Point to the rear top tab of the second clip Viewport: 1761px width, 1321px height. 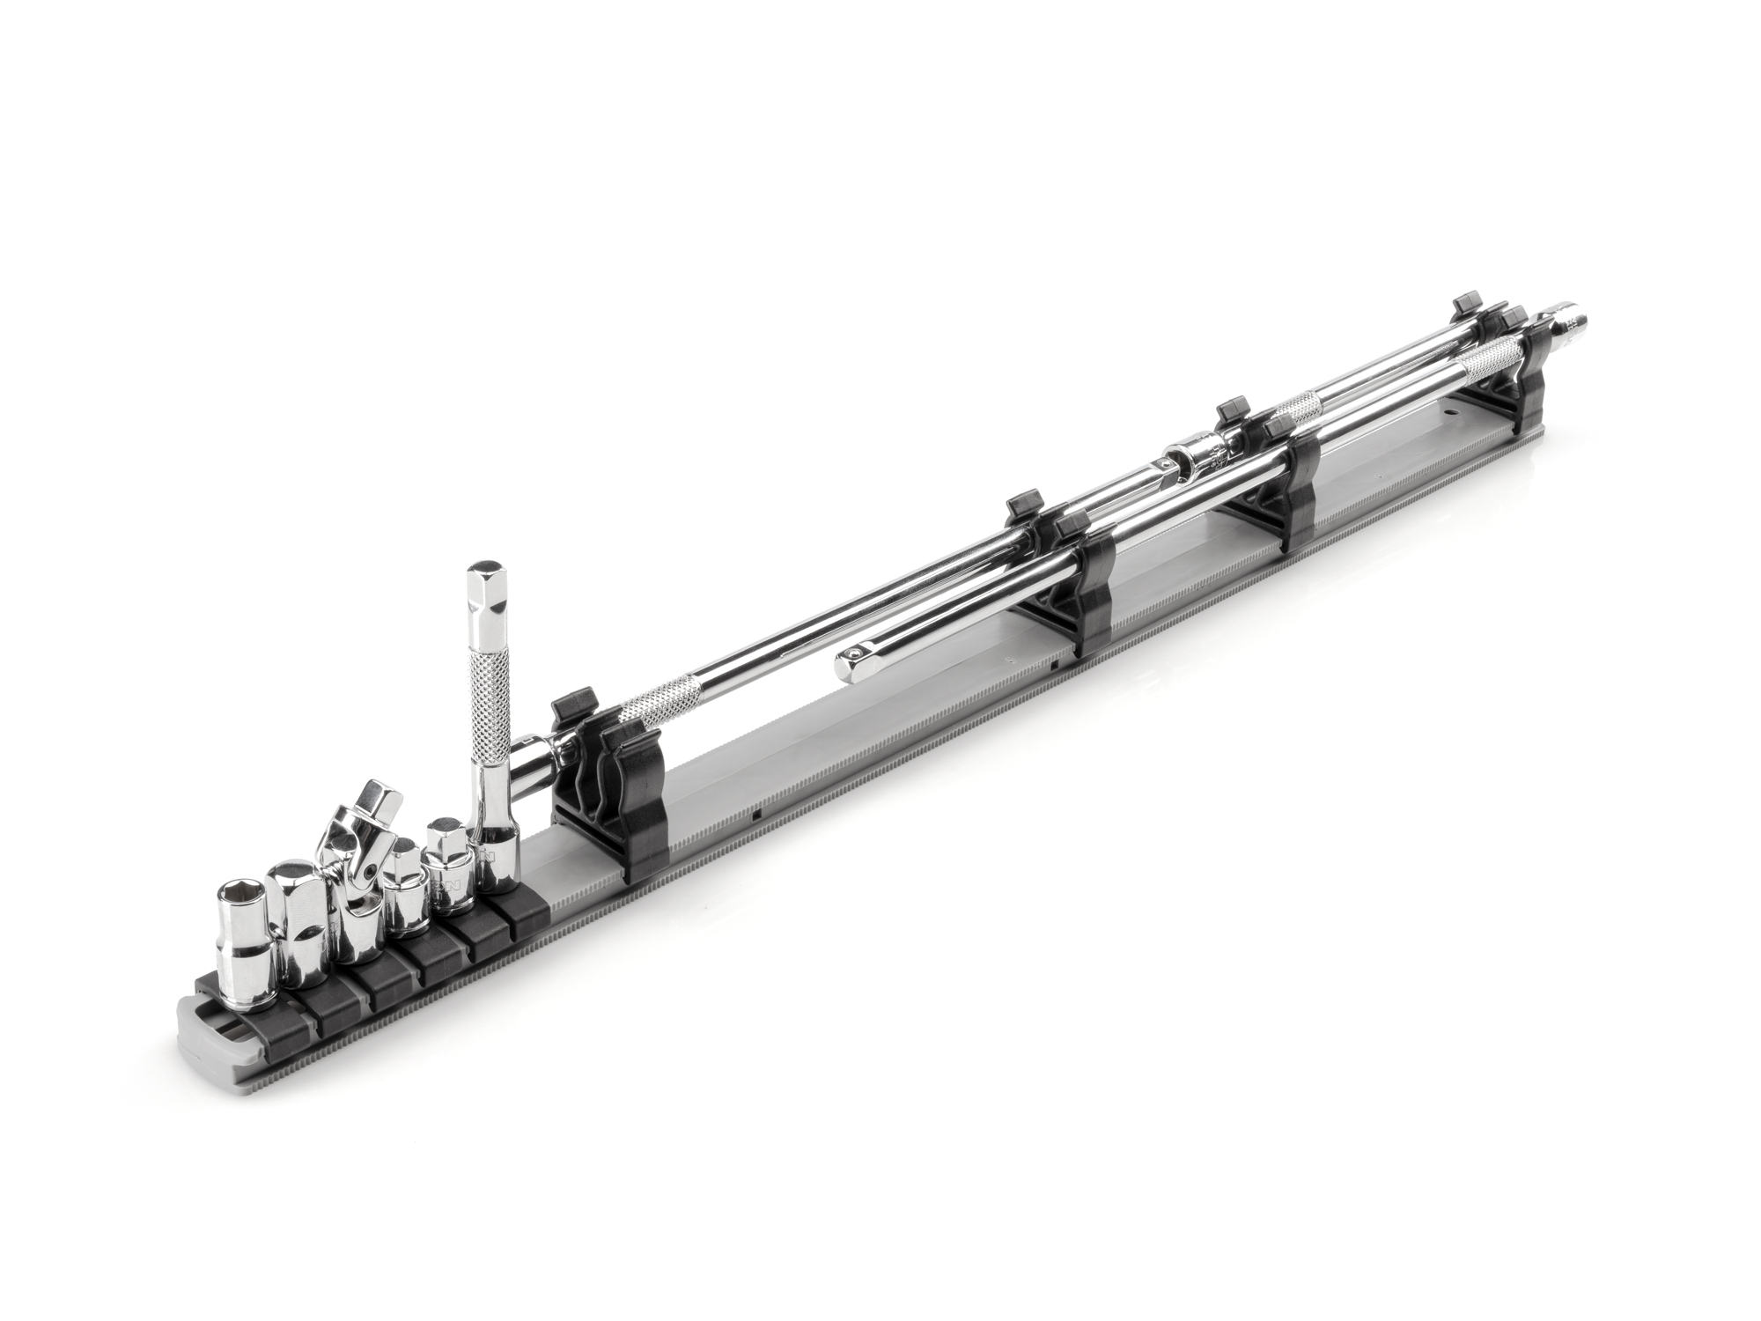pyautogui.click(x=1022, y=504)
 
